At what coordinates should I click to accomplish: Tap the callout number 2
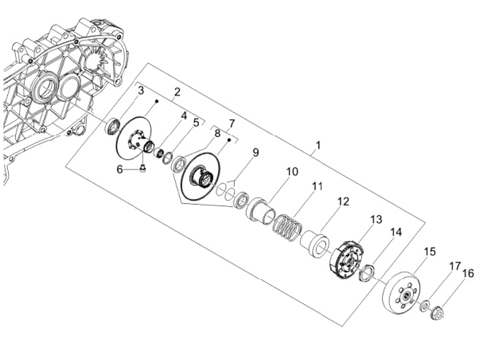(177, 92)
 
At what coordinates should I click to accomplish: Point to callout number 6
(120, 169)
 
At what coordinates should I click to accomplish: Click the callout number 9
(255, 153)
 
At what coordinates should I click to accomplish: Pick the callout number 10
(292, 172)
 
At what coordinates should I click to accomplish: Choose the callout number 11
(317, 186)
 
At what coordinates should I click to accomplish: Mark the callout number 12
(343, 201)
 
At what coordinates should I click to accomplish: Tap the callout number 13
(376, 219)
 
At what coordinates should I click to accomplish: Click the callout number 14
(396, 232)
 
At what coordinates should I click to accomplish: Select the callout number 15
(430, 252)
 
